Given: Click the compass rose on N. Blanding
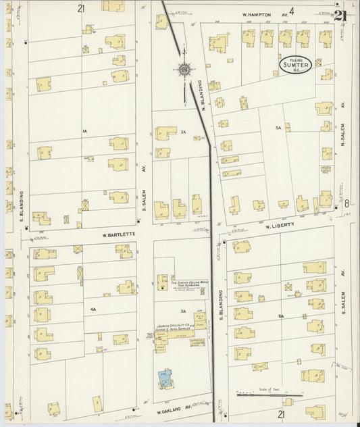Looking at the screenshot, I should point(184,68).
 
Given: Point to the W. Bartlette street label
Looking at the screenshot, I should point(115,235).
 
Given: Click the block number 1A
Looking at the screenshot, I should point(84,130).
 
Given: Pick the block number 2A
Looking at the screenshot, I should point(183,132).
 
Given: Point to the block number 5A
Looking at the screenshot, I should point(277,127).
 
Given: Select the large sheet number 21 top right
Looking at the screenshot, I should point(340,16).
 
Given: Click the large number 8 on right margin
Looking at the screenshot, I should point(346,203).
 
